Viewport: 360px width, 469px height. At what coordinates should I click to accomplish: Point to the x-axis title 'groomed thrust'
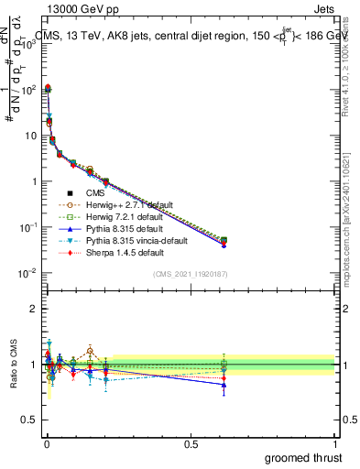305,457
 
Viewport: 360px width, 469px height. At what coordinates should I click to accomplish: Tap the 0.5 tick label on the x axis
191,443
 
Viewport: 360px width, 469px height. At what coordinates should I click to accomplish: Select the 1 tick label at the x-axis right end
335,443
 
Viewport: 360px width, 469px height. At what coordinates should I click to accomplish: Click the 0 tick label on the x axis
47,443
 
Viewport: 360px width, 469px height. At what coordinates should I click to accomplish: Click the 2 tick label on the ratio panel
33,309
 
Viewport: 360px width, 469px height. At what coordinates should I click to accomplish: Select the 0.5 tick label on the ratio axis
30,420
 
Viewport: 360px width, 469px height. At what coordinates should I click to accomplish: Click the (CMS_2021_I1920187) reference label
191,274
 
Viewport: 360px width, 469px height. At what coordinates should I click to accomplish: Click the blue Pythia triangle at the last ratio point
224,385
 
